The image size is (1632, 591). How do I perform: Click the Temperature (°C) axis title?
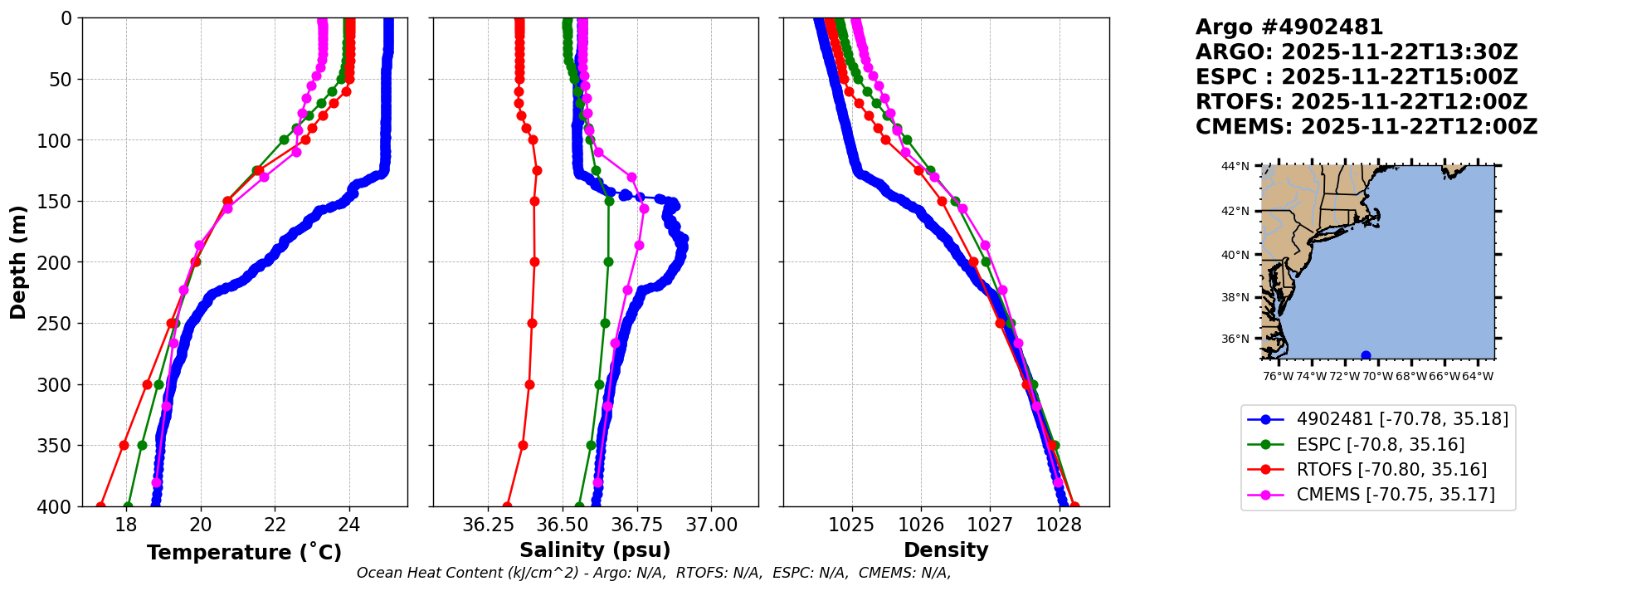(244, 553)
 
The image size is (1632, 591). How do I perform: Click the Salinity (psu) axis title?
(595, 550)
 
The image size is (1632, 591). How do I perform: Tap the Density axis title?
(946, 550)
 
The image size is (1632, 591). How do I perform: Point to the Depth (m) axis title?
(18, 261)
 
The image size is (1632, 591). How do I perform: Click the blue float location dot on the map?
(1366, 355)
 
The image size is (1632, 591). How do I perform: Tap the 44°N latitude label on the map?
(1235, 167)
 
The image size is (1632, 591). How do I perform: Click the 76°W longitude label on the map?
(1278, 376)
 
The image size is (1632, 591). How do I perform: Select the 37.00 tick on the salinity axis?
(712, 525)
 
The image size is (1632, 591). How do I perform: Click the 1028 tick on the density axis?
(1059, 525)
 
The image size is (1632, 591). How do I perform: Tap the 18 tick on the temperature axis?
(125, 525)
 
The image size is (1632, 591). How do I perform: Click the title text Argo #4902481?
(1289, 27)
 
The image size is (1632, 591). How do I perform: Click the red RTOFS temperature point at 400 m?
(100, 506)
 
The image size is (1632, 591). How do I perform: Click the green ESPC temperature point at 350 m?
(142, 445)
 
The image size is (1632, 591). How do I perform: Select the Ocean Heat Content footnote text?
(654, 573)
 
